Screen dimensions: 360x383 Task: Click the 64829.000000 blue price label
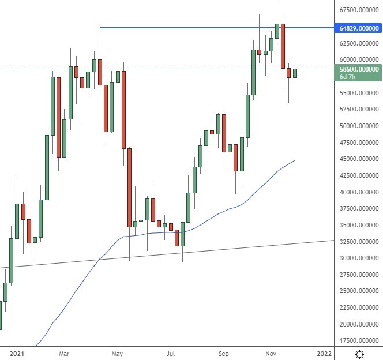coord(359,28)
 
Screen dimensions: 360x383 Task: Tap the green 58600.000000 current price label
coord(359,69)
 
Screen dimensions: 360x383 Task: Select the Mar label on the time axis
coord(65,352)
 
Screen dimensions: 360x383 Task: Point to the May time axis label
coord(117,352)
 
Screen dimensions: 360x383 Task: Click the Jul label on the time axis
coord(171,352)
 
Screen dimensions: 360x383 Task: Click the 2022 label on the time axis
coord(324,352)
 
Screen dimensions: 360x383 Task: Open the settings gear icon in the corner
coord(359,353)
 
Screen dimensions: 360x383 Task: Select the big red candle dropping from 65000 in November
coord(283,46)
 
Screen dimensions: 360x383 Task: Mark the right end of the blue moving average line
coord(295,160)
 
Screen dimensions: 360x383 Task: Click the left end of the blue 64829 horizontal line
coord(100,28)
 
